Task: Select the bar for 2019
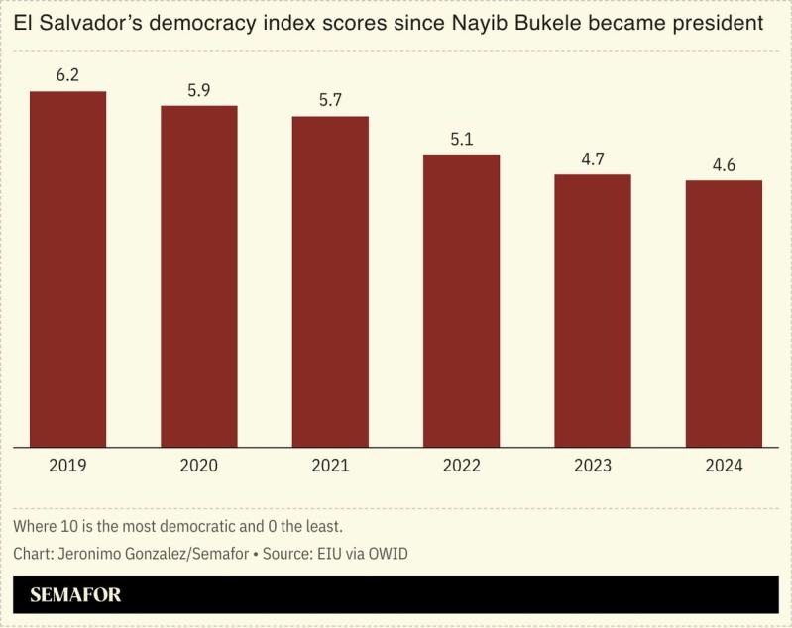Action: tap(67, 269)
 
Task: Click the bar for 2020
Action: tap(199, 276)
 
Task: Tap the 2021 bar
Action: tap(330, 282)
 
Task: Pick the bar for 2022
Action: tap(461, 301)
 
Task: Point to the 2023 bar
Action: tap(593, 311)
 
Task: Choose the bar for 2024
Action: tap(724, 314)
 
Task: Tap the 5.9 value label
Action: tap(199, 90)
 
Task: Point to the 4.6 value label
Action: tap(724, 165)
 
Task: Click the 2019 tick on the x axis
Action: tap(67, 465)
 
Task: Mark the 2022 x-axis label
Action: tap(461, 465)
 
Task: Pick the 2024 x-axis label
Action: tap(724, 465)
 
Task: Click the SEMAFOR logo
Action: tap(75, 595)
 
